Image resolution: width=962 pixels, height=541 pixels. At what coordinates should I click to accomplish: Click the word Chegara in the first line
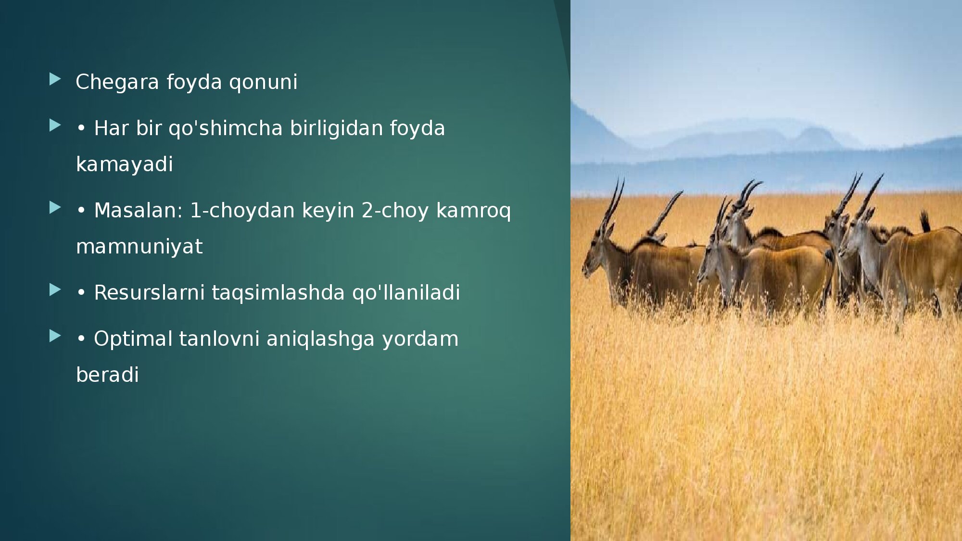click(x=117, y=82)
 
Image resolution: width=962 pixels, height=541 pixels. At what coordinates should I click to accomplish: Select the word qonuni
click(x=263, y=82)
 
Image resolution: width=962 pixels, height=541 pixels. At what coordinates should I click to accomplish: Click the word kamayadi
click(x=125, y=164)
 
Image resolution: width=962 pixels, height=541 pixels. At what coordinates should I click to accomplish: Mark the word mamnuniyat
click(x=139, y=247)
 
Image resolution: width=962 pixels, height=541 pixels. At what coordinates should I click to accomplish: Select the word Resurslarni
click(x=149, y=293)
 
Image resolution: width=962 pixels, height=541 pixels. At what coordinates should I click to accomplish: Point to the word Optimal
click(x=133, y=339)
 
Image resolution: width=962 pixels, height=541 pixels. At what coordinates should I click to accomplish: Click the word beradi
click(x=108, y=375)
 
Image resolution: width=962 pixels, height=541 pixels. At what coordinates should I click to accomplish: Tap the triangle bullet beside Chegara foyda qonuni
click(x=55, y=79)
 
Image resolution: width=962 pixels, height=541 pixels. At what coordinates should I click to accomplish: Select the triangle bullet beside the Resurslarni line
click(x=55, y=289)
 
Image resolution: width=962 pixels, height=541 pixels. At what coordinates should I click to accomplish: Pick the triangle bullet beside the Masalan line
click(x=55, y=207)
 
